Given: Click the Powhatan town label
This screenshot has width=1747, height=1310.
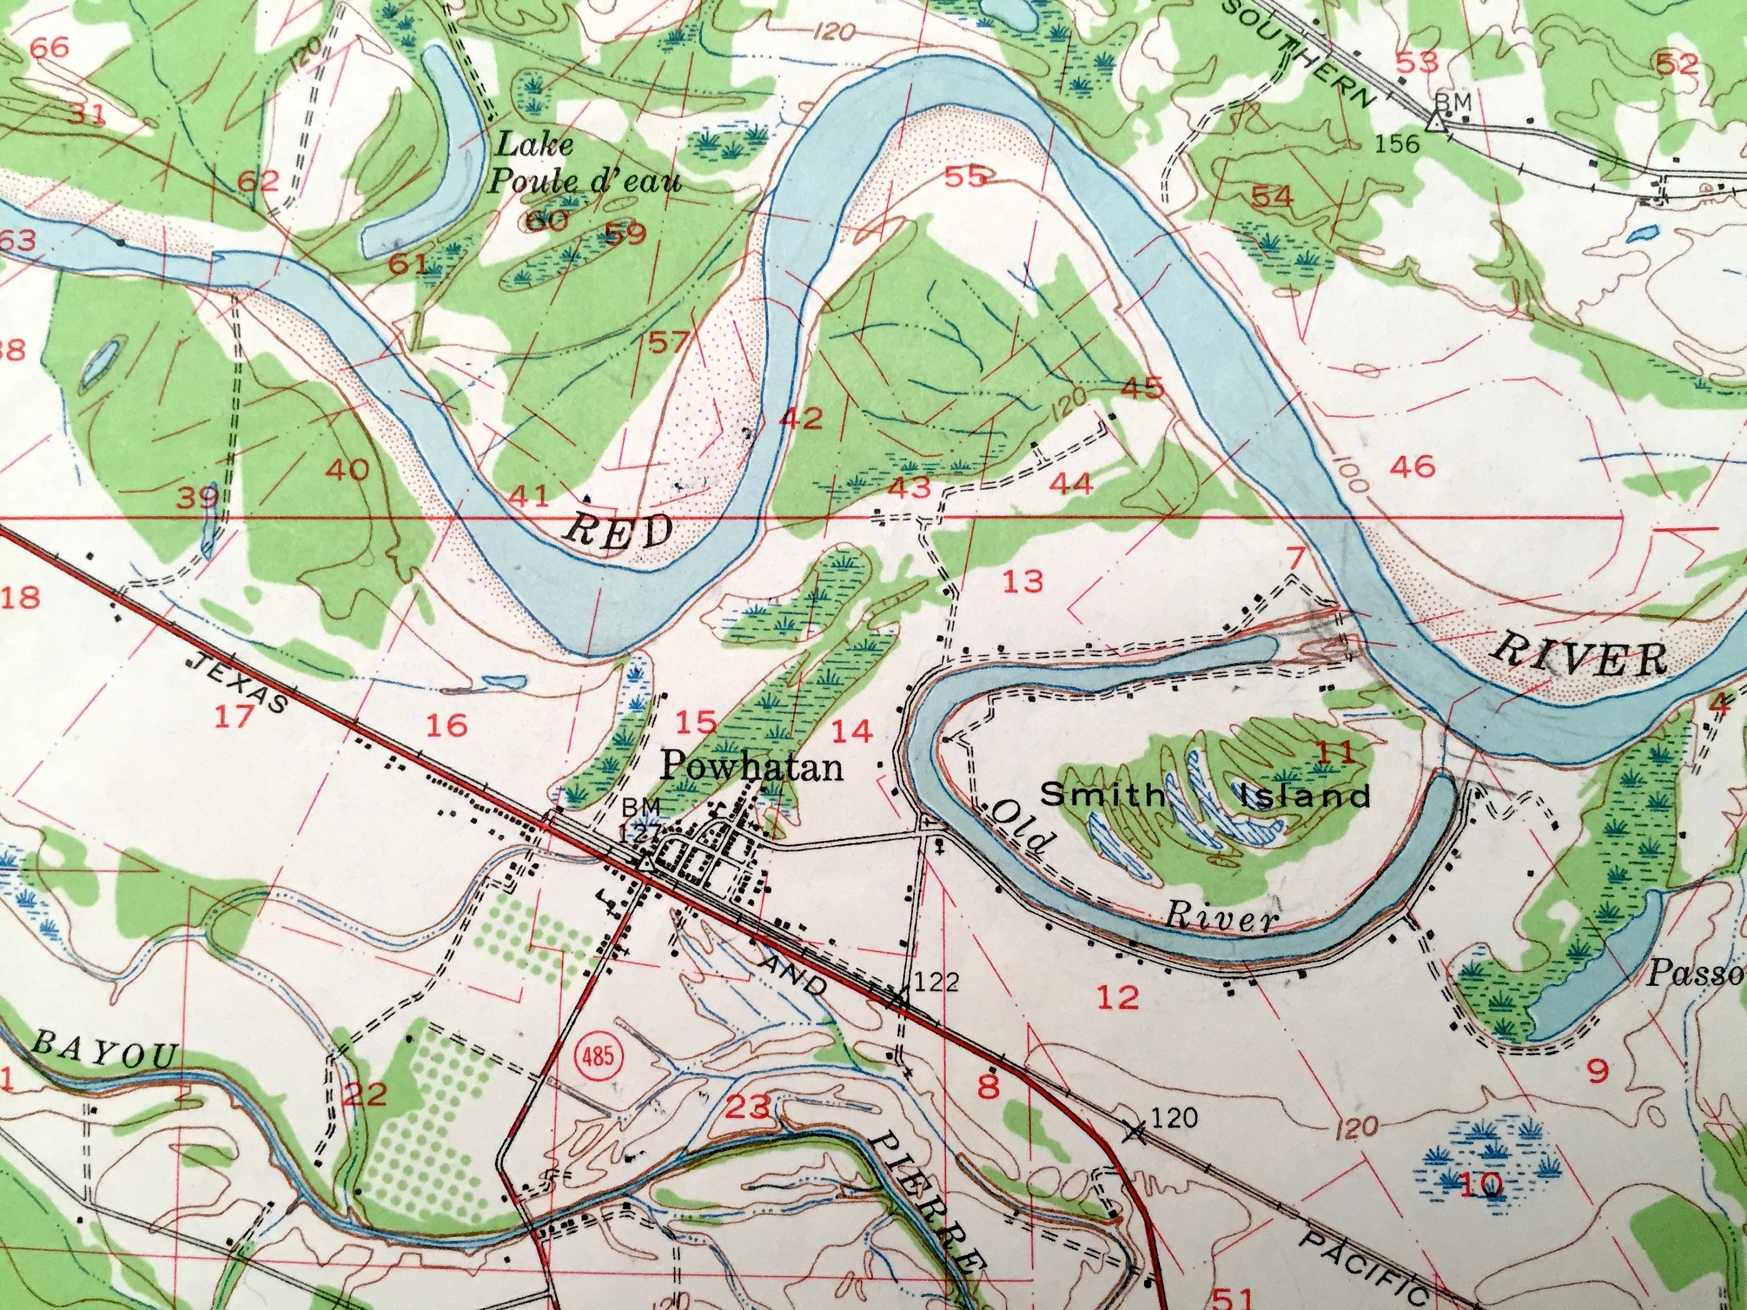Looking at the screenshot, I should click(751, 767).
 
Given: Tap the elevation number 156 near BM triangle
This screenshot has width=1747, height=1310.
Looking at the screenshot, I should click(1396, 144).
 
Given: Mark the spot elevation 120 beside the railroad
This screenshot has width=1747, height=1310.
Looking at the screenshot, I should click(1175, 1117).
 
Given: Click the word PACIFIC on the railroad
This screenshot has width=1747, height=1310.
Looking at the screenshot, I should click(1363, 1268).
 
